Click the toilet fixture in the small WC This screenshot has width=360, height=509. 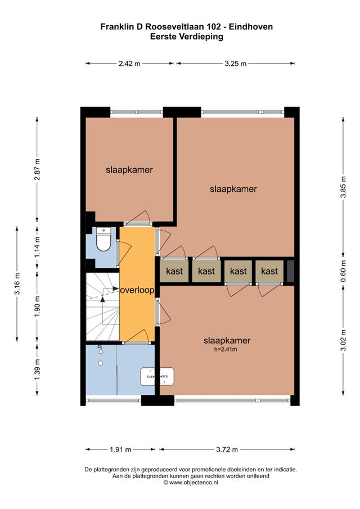(103, 241)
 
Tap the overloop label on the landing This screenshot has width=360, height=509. (138, 290)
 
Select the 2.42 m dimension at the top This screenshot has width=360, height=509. (129, 64)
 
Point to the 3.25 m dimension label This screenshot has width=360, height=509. (235, 64)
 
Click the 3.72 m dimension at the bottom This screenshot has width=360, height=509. (227, 449)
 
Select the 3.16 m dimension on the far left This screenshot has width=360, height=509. (17, 284)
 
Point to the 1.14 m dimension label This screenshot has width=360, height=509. (37, 245)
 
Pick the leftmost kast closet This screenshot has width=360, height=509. (174, 271)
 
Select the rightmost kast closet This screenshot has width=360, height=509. (270, 271)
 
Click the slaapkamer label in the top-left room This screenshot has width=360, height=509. (129, 169)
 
